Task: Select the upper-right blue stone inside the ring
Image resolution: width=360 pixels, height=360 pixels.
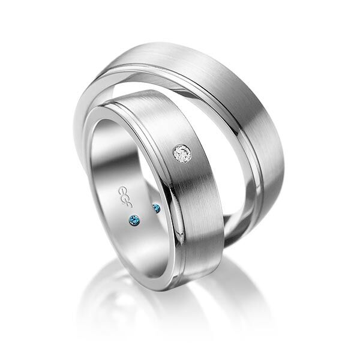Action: click(156, 208)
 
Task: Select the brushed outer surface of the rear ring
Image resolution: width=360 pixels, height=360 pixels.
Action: click(240, 78)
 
